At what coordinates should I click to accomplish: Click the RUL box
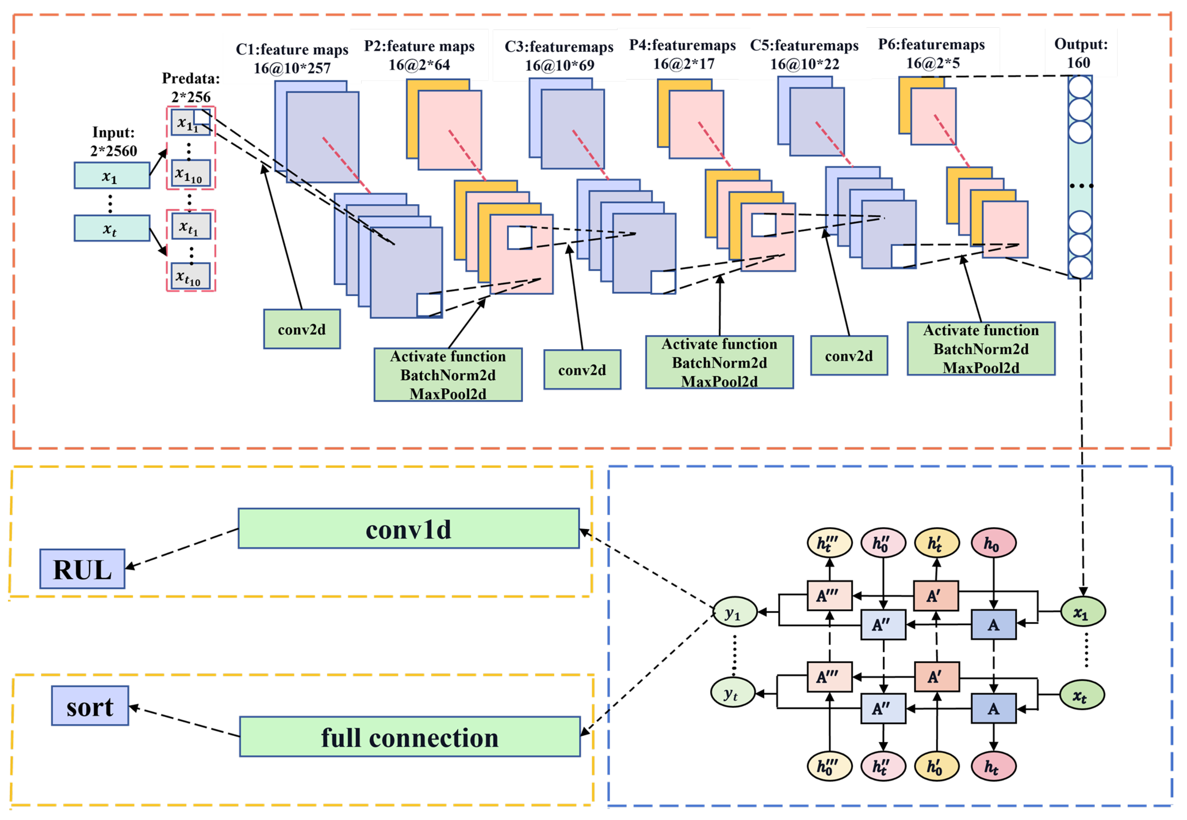[x=82, y=569]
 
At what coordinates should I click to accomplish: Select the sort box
[x=90, y=706]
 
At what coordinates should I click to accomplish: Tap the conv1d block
[x=409, y=529]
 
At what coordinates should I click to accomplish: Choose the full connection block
[x=410, y=737]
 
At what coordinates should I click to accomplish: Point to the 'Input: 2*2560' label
[x=114, y=142]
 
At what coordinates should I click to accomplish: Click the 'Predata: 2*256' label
[x=191, y=87]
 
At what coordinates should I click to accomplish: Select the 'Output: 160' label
[x=1081, y=53]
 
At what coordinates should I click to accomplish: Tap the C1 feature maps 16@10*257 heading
[x=292, y=59]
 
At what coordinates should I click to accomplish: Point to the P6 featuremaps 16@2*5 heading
[x=932, y=54]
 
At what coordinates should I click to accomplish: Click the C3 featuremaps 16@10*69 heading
[x=559, y=56]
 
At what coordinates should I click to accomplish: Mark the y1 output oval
[x=735, y=612]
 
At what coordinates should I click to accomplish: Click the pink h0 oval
[x=993, y=543]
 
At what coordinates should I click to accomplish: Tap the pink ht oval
[x=993, y=766]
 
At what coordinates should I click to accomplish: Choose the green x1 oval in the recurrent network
[x=1083, y=612]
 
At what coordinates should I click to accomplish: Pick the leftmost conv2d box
[x=302, y=329]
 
